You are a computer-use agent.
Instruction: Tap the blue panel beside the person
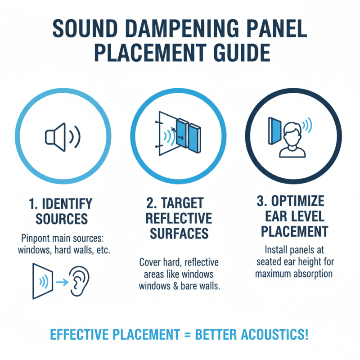(273, 132)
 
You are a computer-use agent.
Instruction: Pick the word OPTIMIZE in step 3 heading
(297, 201)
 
